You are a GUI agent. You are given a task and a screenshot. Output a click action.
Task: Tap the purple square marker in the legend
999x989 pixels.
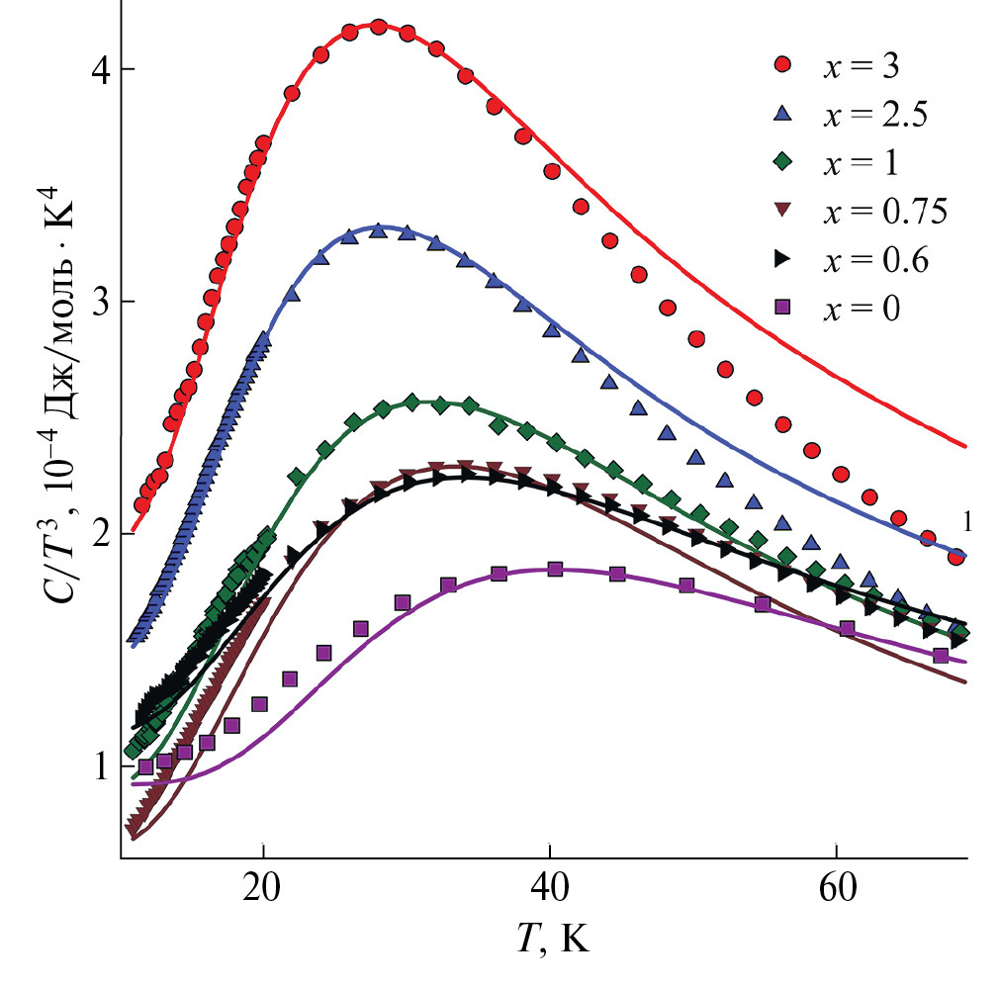(x=782, y=308)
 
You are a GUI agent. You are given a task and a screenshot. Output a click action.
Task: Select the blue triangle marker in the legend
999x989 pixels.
(x=782, y=115)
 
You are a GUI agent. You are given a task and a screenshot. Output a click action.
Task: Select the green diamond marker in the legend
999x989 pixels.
(x=782, y=162)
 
